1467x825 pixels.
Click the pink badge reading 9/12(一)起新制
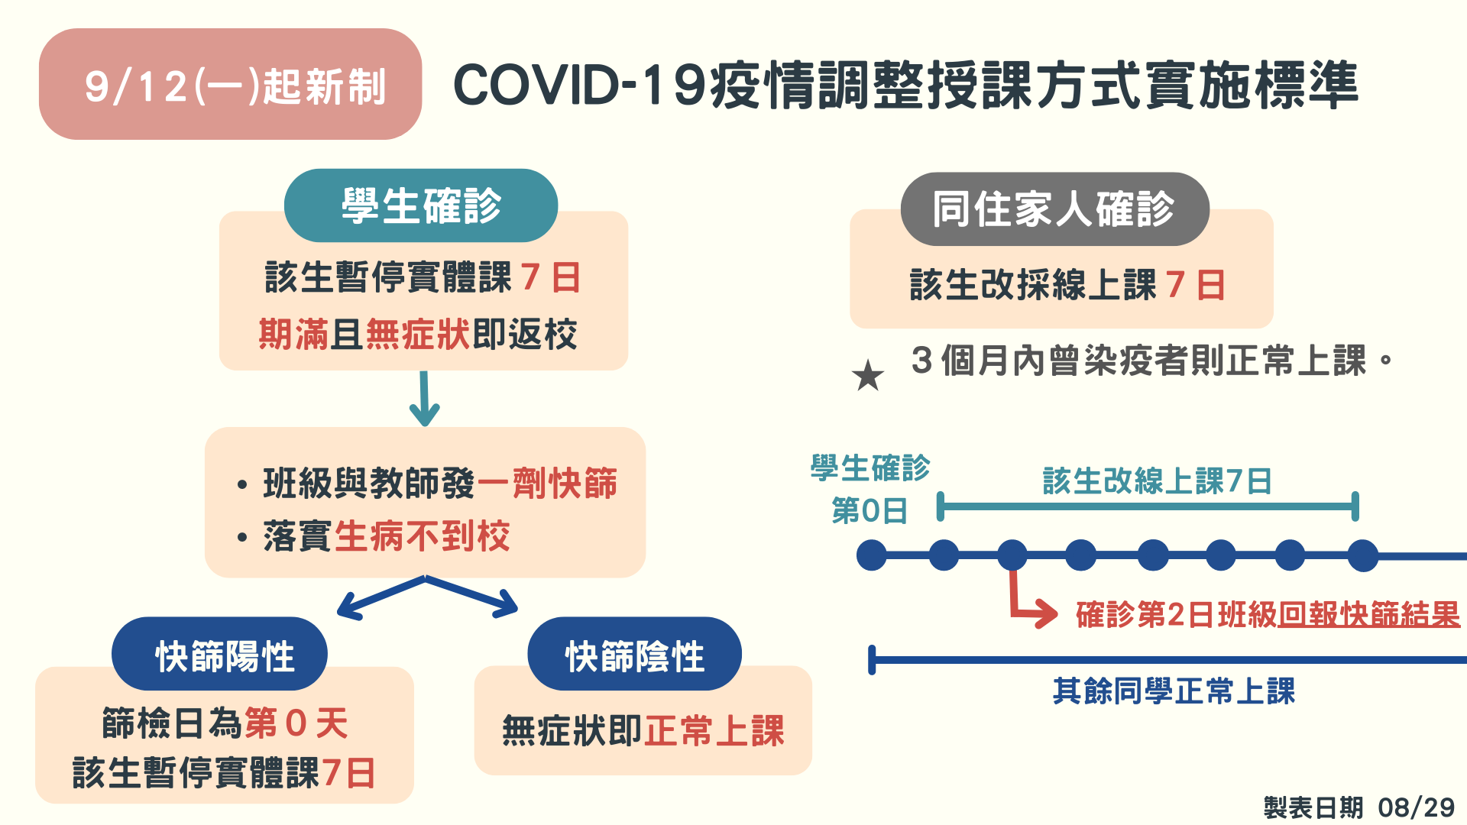pos(230,84)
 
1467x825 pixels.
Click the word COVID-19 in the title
pos(580,85)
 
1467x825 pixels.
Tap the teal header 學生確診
pos(421,205)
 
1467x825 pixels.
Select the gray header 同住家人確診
pos(1054,209)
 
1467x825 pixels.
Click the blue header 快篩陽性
pos(220,655)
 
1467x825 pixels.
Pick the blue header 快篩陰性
pos(634,655)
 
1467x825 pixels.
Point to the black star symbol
pos(868,375)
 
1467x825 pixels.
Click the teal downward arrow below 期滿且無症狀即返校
pos(424,399)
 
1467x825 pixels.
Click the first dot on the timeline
pos(872,555)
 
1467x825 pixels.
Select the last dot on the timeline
pos(1362,555)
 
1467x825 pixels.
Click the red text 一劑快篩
pos(547,483)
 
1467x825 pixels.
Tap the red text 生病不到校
pos(423,535)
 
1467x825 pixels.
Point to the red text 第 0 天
pos(296,723)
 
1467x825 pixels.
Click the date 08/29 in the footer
pos(1417,807)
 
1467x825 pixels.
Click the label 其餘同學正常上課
pos(1174,691)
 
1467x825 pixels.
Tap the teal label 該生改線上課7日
pos(1157,481)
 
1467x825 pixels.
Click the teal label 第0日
pos(870,510)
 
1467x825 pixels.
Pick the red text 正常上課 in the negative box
pos(714,730)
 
